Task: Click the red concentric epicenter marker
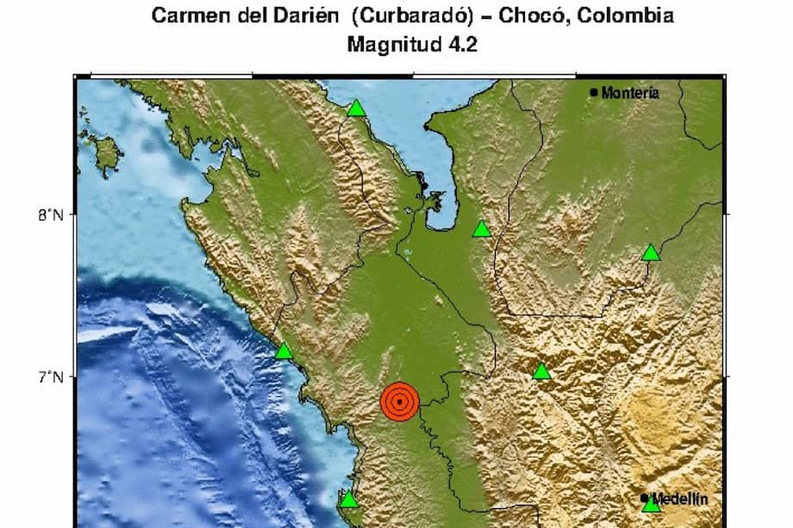point(399,401)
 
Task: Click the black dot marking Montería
point(594,92)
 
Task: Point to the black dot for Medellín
point(645,497)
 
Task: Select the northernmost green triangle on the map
point(356,109)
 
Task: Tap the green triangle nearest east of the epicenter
point(541,372)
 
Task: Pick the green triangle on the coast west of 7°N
point(284,351)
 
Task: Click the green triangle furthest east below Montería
point(651,252)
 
